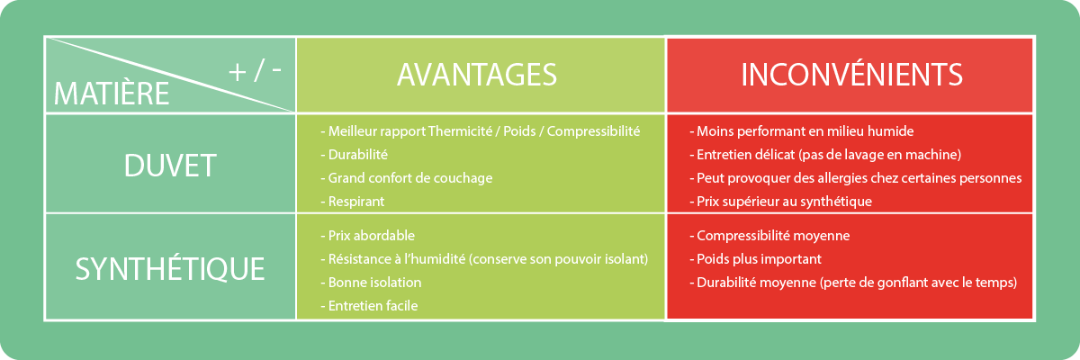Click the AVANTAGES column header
coord(477,75)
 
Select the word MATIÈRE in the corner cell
coord(112,94)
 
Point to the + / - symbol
coord(255,71)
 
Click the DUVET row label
coord(170,166)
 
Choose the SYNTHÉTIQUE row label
coord(170,269)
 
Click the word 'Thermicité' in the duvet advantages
coord(460,131)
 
